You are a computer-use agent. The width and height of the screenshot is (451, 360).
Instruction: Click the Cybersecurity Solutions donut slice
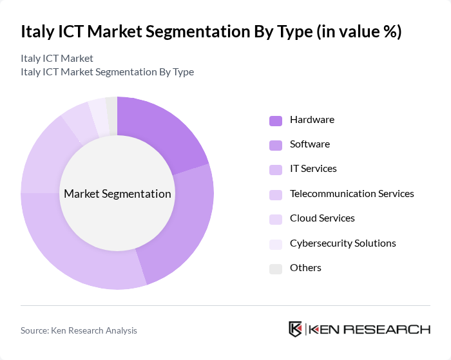[98, 111]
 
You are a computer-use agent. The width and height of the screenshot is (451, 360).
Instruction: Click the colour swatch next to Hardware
[276, 120]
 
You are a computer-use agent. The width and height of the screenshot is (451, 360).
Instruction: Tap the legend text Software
[310, 144]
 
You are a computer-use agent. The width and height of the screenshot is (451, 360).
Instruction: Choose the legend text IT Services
[313, 169]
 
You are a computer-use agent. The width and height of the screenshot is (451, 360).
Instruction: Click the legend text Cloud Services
[322, 218]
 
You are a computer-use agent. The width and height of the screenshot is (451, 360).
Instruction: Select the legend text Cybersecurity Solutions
[343, 243]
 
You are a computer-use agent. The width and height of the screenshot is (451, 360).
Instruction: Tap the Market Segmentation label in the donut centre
[117, 194]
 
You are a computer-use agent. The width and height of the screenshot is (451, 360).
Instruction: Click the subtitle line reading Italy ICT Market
[57, 59]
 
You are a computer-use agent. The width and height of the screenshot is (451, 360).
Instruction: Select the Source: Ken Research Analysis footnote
[79, 330]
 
